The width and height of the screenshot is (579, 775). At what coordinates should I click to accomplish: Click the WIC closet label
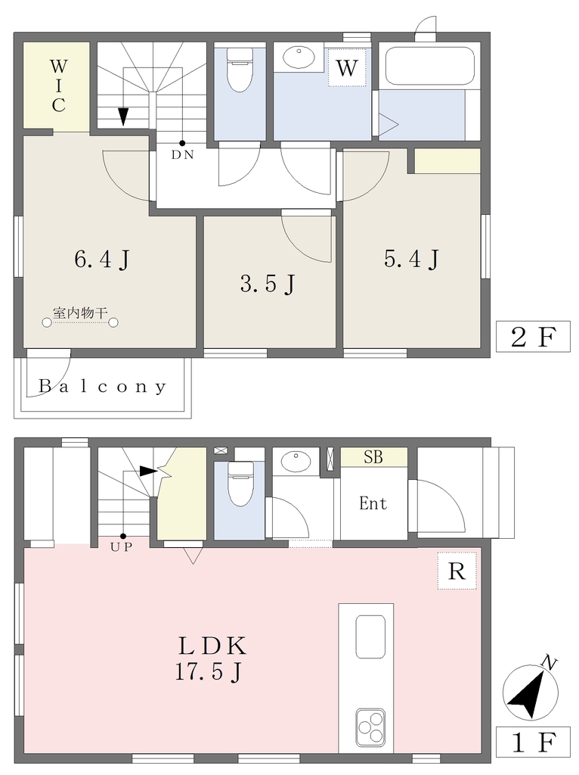click(58, 85)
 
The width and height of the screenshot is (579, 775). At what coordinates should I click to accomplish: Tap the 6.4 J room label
click(102, 259)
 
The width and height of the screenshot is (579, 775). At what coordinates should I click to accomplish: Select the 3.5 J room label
click(268, 284)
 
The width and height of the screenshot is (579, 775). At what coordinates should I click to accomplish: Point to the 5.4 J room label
click(411, 259)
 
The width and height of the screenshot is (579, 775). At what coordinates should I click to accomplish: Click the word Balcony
click(103, 386)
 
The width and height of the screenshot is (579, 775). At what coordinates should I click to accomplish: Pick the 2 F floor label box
click(533, 337)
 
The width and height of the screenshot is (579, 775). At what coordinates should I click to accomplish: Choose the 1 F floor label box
click(533, 742)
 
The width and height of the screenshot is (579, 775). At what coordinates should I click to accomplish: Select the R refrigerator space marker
click(457, 571)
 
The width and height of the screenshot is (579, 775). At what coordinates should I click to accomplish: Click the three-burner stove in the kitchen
click(370, 727)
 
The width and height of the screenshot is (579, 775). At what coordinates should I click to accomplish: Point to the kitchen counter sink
click(370, 636)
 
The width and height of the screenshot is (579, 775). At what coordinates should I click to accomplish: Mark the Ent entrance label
click(373, 503)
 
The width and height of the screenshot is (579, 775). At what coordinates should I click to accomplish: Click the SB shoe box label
click(373, 456)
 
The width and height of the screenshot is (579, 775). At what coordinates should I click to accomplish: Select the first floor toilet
click(240, 484)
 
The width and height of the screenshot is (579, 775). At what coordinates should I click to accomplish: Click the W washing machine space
click(346, 67)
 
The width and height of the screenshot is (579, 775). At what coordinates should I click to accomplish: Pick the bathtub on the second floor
click(429, 66)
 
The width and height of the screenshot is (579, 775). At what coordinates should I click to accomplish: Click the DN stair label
click(182, 154)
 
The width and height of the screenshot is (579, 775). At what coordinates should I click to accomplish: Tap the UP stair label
click(122, 547)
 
